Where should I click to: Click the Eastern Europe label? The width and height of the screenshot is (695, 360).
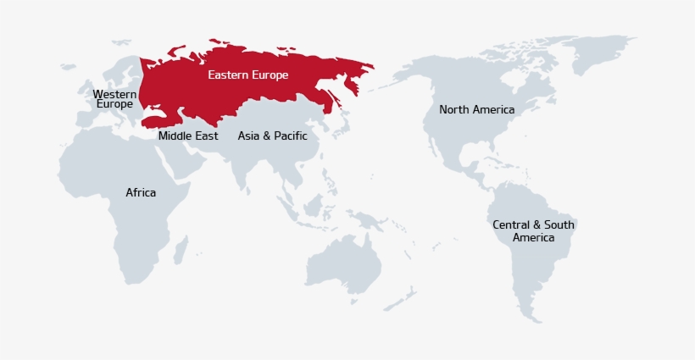(x=248, y=75)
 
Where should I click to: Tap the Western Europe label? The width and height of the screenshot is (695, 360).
(x=114, y=99)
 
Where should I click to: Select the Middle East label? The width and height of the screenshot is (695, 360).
(x=188, y=136)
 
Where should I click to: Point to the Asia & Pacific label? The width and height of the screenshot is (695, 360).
(x=272, y=136)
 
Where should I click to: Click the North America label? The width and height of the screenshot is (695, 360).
(x=476, y=109)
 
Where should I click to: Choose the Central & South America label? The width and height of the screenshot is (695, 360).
(x=533, y=231)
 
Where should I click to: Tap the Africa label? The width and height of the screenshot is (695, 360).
(x=141, y=192)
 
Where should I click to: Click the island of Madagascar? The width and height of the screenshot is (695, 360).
(x=181, y=248)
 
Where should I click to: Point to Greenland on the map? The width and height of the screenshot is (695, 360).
(x=598, y=51)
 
